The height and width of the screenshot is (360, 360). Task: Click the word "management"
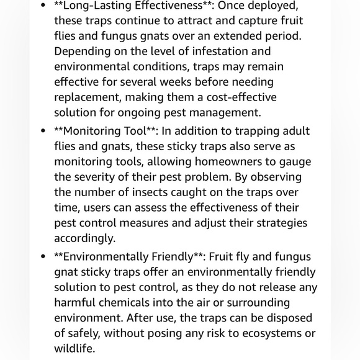[227, 113]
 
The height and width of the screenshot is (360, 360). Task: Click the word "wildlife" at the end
[74, 349]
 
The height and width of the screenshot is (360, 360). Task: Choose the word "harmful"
[74, 303]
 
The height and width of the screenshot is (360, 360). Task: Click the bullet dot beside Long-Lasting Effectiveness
[43, 6]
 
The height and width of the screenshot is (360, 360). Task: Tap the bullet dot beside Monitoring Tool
[43, 131]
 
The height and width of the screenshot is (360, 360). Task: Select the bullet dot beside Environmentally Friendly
[43, 257]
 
